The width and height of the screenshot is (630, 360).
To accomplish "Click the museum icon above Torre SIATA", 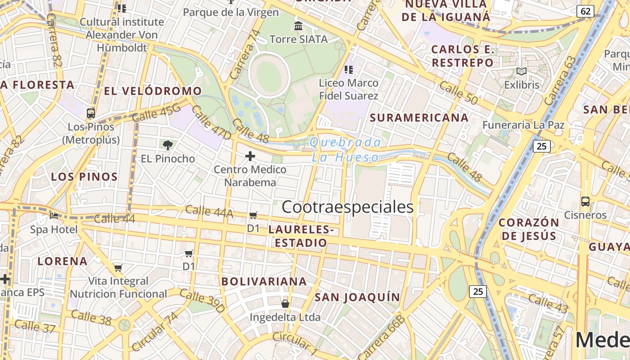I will (298, 26).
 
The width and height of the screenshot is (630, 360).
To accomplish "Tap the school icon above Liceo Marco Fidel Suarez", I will (348, 70).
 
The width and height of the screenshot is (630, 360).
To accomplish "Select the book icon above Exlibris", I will (522, 71).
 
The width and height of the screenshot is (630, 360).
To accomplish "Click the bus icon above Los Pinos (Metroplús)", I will (91, 113).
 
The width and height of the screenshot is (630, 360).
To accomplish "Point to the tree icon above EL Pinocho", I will (168, 145).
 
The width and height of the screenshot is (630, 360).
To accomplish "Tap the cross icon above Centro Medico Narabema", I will (250, 156).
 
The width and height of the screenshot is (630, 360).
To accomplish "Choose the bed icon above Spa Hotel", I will (54, 216).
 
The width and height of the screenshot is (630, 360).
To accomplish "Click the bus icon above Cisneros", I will (585, 201).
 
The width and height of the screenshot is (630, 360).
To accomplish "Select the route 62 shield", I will (585, 11).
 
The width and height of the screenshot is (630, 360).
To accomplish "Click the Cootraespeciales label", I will (347, 207).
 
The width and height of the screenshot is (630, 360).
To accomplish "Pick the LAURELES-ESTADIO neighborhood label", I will (301, 236).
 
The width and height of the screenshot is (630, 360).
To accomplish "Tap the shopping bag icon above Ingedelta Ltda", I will (285, 304).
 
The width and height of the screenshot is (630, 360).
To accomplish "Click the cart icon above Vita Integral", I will (118, 268).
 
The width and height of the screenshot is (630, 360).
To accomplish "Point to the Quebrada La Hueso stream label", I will (346, 150).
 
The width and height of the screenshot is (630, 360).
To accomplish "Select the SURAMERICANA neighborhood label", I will (419, 118).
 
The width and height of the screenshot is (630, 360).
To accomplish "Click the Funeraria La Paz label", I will (523, 125).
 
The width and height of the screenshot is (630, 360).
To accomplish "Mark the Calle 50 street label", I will (458, 93).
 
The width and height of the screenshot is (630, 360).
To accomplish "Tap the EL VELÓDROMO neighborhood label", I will (153, 91).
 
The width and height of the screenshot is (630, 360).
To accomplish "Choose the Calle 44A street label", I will (209, 211).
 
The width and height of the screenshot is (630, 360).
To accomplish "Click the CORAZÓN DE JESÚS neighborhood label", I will (529, 229).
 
